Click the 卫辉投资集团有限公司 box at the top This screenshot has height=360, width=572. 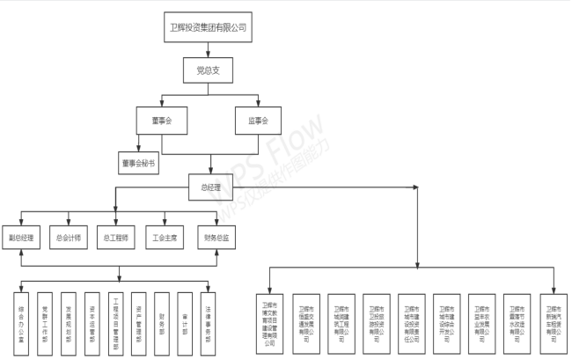(208, 27)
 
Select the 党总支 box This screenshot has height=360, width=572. (208, 70)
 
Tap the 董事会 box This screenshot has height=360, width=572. (161, 121)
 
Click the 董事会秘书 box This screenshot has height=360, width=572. (138, 163)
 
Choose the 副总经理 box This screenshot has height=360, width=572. (21, 238)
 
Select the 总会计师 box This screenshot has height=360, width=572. (69, 238)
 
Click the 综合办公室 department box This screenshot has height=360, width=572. (21, 316)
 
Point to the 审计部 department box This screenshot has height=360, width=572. (184, 316)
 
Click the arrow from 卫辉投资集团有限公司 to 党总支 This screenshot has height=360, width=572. (208, 49)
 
